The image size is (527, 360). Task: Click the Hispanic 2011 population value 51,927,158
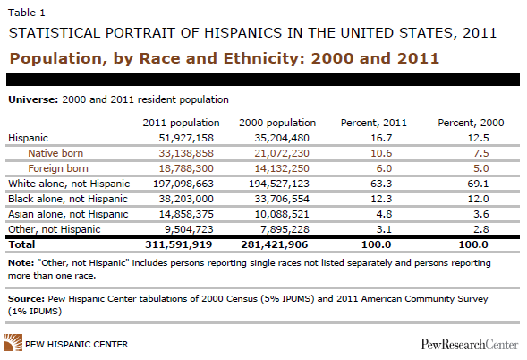pos(186,138)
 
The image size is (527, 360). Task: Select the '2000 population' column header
pos(277,123)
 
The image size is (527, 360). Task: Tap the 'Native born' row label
pos(55,153)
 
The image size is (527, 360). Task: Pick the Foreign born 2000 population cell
pos(282,168)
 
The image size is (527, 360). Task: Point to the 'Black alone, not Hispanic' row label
pos(68,199)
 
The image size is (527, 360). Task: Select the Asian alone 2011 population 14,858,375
pos(186,214)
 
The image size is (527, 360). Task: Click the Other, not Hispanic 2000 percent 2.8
pos(481,229)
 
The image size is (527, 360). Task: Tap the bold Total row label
pos(21,244)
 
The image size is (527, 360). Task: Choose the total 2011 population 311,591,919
pos(179,244)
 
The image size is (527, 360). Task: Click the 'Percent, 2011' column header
pos(374,123)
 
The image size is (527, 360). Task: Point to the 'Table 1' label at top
pos(27,13)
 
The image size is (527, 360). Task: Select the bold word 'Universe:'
pos(33,99)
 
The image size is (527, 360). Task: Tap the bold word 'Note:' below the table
pos(21,262)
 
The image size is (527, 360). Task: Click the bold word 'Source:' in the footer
pos(26,299)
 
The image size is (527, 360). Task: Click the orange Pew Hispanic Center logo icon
pos(13,342)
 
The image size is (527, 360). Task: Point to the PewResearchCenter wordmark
pos(470,345)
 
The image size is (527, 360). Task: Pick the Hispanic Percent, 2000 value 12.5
pos(479,138)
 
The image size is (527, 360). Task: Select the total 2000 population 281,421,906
pos(275,244)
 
